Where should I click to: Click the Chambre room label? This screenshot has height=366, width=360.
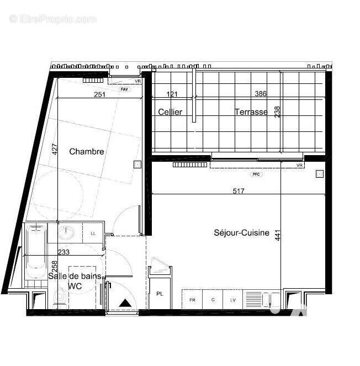tap(87, 152)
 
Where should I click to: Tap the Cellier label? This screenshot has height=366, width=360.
tap(170, 112)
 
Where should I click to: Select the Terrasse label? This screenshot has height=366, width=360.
tap(251, 112)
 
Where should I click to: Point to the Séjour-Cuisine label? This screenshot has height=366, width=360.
tap(241, 233)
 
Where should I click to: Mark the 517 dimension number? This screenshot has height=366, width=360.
tap(239, 191)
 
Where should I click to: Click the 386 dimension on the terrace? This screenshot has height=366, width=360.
tap(260, 94)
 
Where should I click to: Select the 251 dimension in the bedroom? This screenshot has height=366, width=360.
tap(99, 94)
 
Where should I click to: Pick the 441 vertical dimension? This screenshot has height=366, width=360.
tap(278, 235)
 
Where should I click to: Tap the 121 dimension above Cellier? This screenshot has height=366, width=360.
tap(172, 94)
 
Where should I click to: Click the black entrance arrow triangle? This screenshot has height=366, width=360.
tap(125, 303)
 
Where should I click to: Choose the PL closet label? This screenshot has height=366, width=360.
tap(160, 294)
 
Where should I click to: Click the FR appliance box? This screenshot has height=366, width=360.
tap(192, 300)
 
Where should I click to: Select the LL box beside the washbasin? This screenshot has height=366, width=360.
tap(93, 234)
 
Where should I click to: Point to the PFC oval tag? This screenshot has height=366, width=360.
tap(256, 174)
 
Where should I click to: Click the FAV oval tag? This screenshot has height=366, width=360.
tap(124, 88)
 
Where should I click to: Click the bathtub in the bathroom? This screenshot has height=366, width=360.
tap(36, 254)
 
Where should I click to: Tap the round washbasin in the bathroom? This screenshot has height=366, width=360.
tap(68, 232)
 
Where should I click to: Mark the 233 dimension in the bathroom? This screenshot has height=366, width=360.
tap(63, 252)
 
